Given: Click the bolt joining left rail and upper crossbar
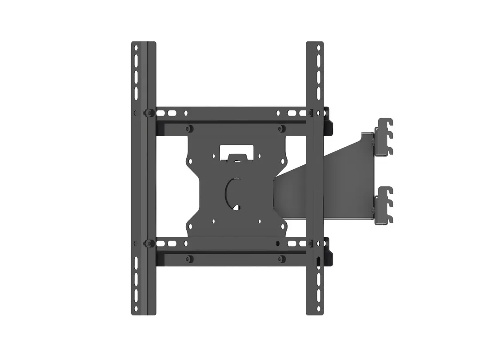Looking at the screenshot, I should (x=149, y=113).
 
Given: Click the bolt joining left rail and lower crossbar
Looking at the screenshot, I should (x=149, y=243).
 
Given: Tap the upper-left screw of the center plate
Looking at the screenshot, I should (x=189, y=128).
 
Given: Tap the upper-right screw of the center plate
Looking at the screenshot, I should (x=281, y=128).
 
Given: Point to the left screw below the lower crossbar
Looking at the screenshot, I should (x=189, y=258).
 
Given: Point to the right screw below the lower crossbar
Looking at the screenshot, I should (x=281, y=258).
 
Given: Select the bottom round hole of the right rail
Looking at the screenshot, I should (x=319, y=307).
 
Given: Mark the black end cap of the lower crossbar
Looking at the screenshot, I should (x=329, y=251).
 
